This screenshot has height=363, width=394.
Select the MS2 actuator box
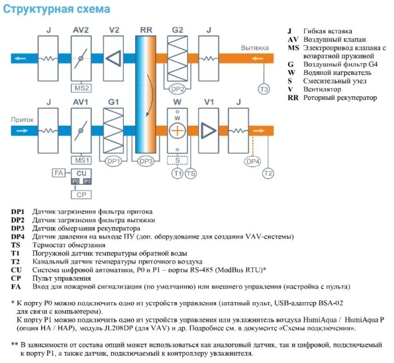coord(81,88)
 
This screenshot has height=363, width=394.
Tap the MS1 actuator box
coord(81,160)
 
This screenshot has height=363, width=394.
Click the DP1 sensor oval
coord(114,161)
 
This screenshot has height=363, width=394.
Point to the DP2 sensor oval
coord(178,89)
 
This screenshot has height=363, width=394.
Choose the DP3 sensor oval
coord(146,161)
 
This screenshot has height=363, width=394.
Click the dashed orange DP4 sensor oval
coord(253,162)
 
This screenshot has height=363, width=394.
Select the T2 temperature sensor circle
coord(268,172)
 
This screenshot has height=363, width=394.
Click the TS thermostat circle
coord(191,172)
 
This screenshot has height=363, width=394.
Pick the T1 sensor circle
coord(178,172)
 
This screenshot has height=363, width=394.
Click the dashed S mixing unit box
coord(178,161)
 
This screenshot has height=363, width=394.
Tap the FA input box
coord(58,172)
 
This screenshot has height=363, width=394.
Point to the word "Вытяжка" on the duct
coord(254,48)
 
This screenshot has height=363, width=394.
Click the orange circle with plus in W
coord(178,131)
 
